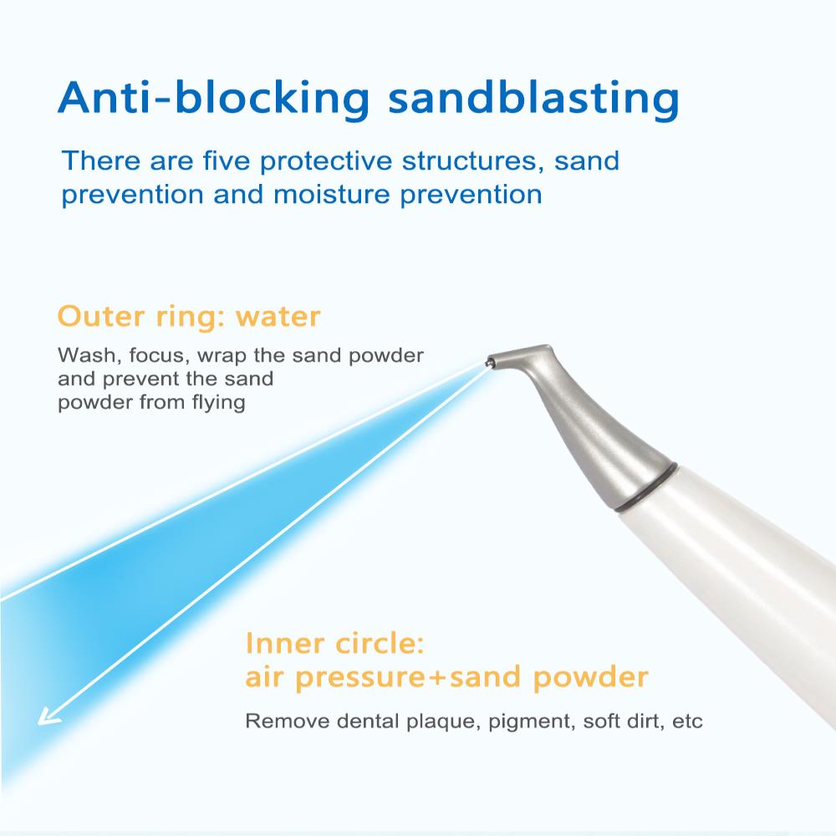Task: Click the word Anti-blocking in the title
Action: pos(214,98)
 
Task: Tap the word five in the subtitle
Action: pos(226,161)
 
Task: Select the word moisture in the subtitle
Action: pos(332,194)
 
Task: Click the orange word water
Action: pos(278,316)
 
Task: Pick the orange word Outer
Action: pos(101,316)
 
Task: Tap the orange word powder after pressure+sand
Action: pos(590,677)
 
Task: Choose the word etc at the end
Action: pos(687,722)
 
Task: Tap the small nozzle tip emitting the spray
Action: pos(488,364)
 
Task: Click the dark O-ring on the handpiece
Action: pos(645,487)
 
